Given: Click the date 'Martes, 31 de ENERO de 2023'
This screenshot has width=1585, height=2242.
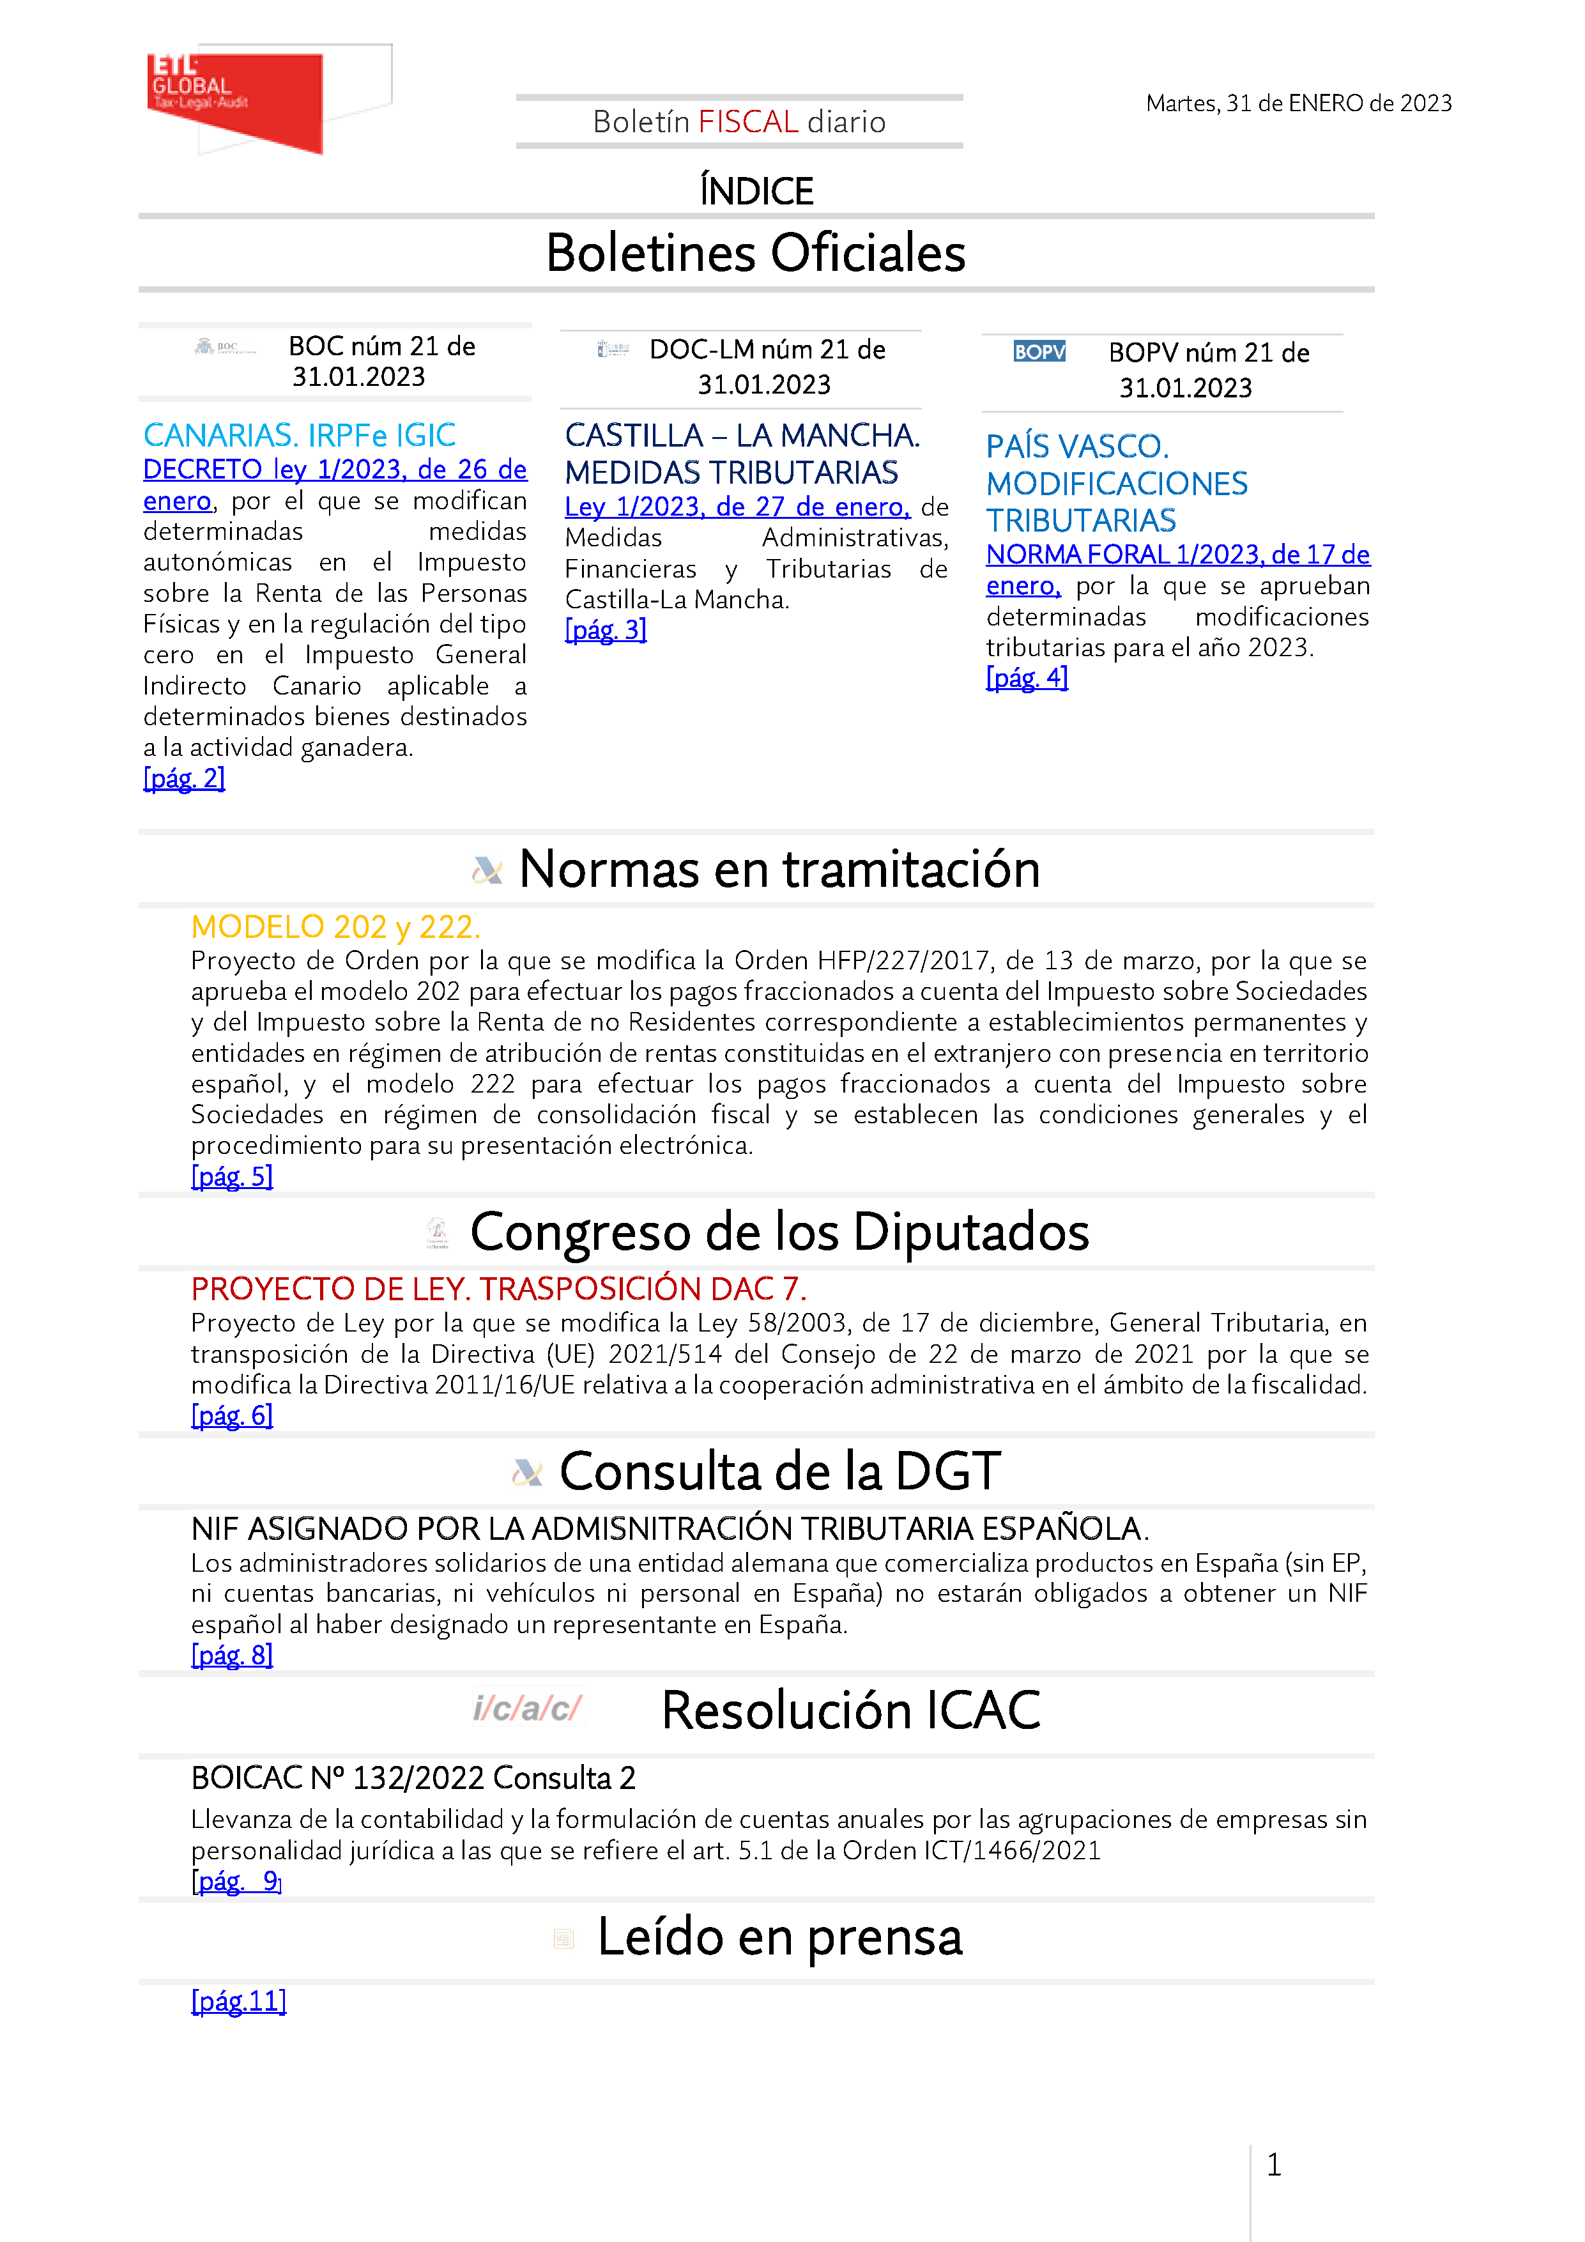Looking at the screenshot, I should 1298,104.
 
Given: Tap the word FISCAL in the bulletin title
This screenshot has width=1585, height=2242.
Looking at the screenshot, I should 748,122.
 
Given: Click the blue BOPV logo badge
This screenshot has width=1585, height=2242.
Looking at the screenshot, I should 1039,351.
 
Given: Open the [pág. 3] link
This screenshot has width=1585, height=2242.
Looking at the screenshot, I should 606,630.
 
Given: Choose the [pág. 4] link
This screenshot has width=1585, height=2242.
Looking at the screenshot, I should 1027,678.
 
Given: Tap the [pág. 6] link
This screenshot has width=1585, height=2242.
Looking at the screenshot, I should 231,1415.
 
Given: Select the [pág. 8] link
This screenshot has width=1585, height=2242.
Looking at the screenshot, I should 231,1654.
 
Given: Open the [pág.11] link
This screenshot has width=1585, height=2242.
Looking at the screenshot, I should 238,2001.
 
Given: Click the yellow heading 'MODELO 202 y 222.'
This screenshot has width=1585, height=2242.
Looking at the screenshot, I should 335,926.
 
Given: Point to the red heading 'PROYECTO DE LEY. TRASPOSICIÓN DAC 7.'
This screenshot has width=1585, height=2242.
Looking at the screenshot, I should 498,1289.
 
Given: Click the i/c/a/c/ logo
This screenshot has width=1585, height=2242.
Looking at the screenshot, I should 527,1709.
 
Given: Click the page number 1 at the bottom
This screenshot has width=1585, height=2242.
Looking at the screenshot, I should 1273,2165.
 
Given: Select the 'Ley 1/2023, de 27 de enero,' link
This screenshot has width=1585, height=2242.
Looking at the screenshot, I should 737,507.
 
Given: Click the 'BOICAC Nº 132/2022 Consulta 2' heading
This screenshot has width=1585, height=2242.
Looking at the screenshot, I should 413,1778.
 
